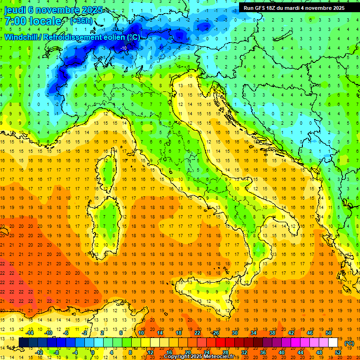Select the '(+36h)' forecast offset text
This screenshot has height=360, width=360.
[x=81, y=21]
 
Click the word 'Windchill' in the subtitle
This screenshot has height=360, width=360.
[x=22, y=37]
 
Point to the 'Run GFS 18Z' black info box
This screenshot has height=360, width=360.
[x=294, y=7]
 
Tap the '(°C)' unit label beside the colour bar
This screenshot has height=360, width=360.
[x=349, y=343]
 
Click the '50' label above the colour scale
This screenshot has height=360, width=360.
[x=328, y=332]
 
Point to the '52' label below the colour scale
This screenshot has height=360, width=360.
[x=337, y=352]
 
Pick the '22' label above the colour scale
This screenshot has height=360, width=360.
[x=197, y=332]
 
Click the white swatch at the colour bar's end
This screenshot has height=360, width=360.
[x=333, y=343]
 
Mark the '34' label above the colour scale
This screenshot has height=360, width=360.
[x=253, y=332]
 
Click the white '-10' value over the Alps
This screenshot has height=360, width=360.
[x=124, y=48]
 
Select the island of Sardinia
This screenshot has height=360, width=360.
[x=109, y=216]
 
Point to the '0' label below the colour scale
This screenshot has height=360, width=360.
[x=93, y=352]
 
